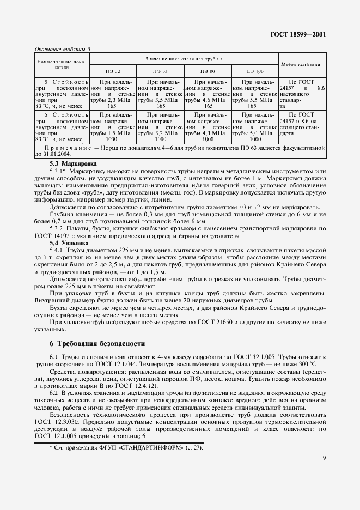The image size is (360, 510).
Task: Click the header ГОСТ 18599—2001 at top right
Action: (x=298, y=34)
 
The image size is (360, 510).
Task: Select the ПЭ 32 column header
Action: (x=113, y=71)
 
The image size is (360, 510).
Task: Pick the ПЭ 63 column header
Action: (x=161, y=71)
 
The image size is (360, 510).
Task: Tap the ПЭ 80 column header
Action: (x=208, y=71)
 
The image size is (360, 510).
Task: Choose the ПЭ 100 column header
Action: (x=254, y=71)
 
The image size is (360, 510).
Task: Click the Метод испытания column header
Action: (x=302, y=64)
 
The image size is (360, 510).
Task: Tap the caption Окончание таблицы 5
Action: (x=62, y=49)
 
